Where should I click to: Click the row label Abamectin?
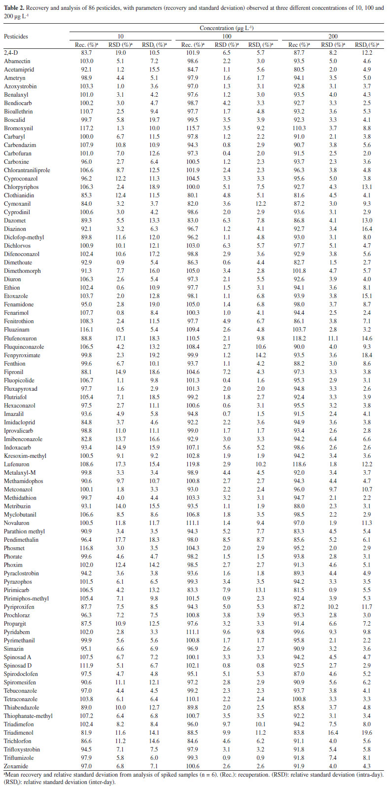[x=17, y=61]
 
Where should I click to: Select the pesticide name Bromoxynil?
[x=18, y=128]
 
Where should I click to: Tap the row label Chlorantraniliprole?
[x=27, y=170]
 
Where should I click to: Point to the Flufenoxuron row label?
[x=20, y=338]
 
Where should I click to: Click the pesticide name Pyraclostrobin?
[x=21, y=573]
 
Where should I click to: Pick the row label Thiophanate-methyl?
[x=28, y=716]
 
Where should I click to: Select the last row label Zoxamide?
[x=16, y=766]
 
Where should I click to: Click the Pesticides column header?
[x=16, y=37]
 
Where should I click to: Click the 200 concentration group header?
[x=333, y=37]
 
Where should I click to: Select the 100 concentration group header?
[x=227, y=37]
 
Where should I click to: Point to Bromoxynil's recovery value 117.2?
[x=87, y=128]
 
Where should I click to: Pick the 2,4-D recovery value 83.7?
[x=87, y=53]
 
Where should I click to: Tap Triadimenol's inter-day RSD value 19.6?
[x=365, y=733]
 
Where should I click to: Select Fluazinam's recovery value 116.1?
[x=87, y=330]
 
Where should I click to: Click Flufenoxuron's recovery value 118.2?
[x=299, y=338]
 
